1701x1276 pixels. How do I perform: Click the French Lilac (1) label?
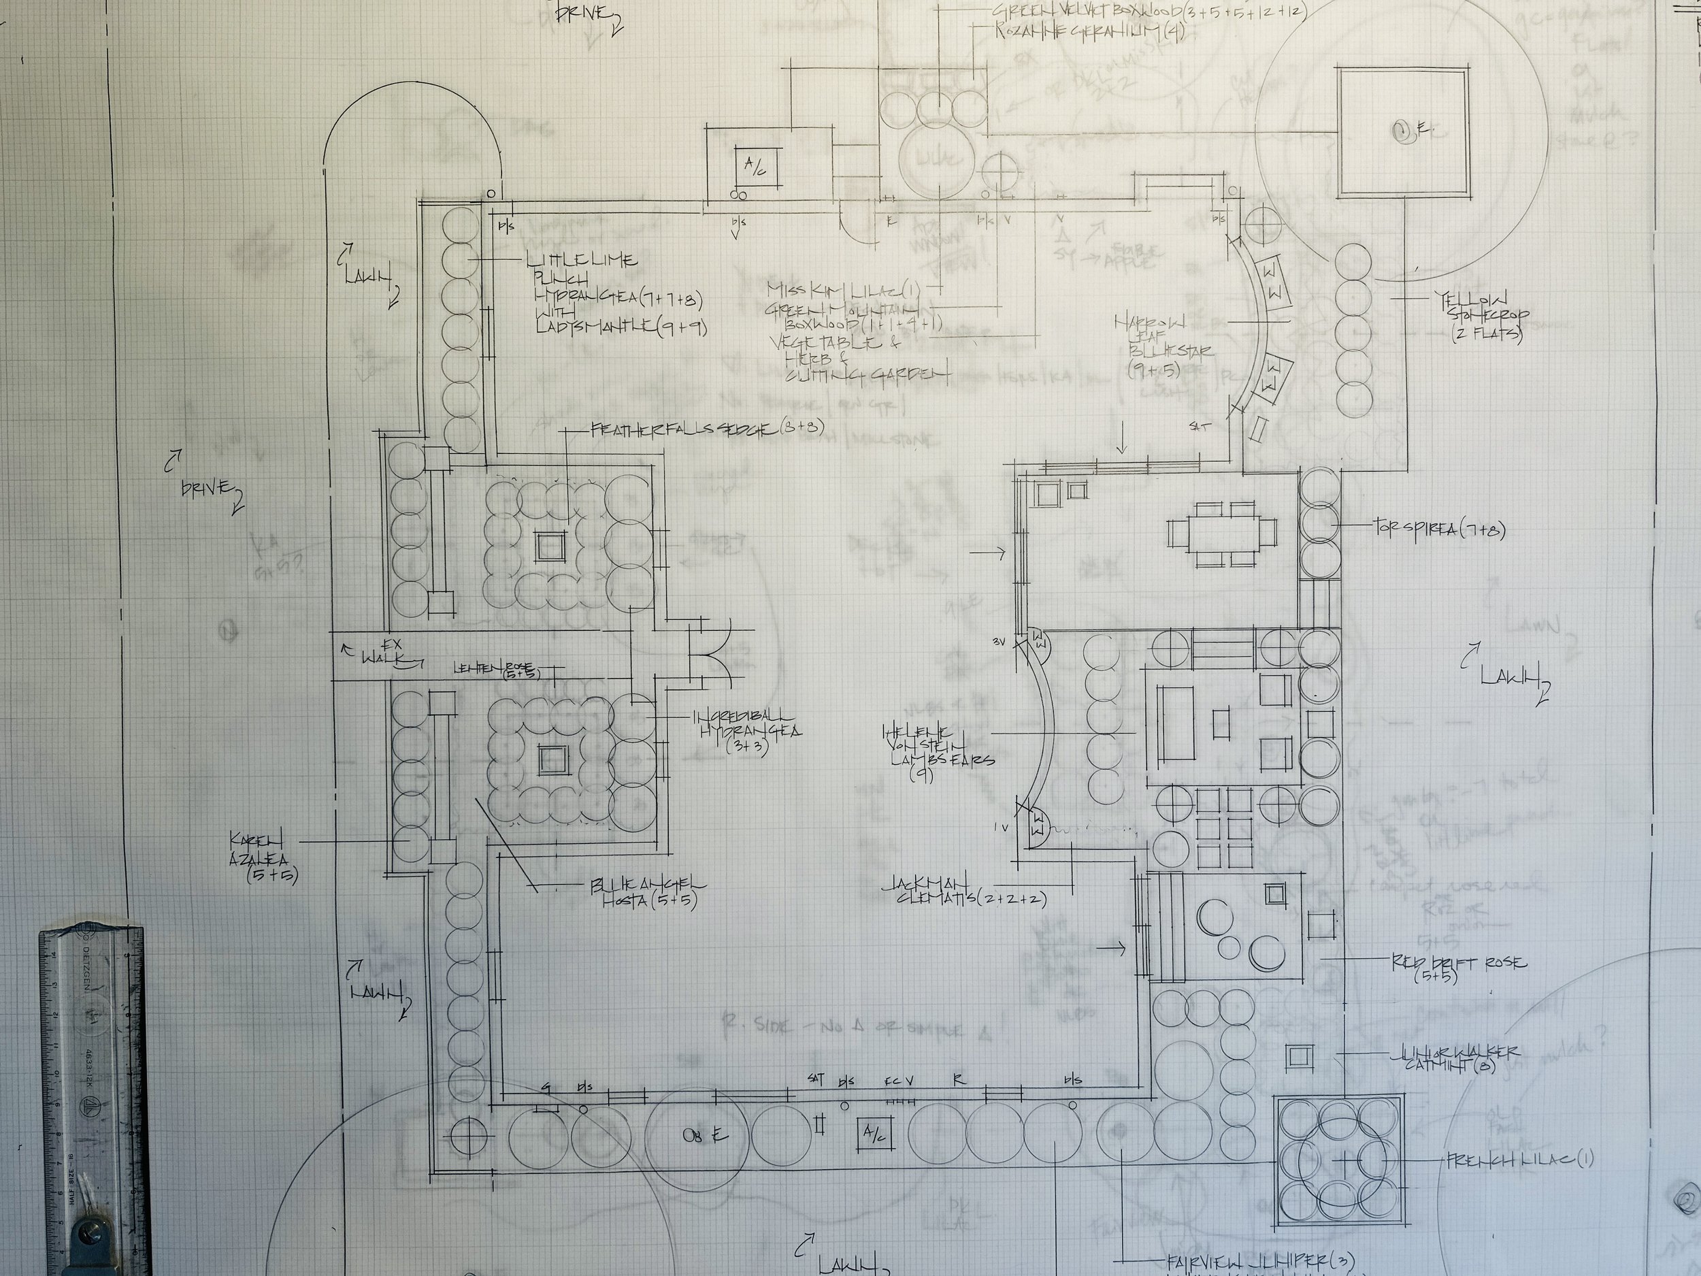coord(1519,1160)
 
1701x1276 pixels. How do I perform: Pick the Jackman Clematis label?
coord(964,891)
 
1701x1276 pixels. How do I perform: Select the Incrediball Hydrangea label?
coord(748,731)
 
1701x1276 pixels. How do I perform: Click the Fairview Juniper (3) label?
coord(1259,1260)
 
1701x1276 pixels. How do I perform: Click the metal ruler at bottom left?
coord(94,1100)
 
